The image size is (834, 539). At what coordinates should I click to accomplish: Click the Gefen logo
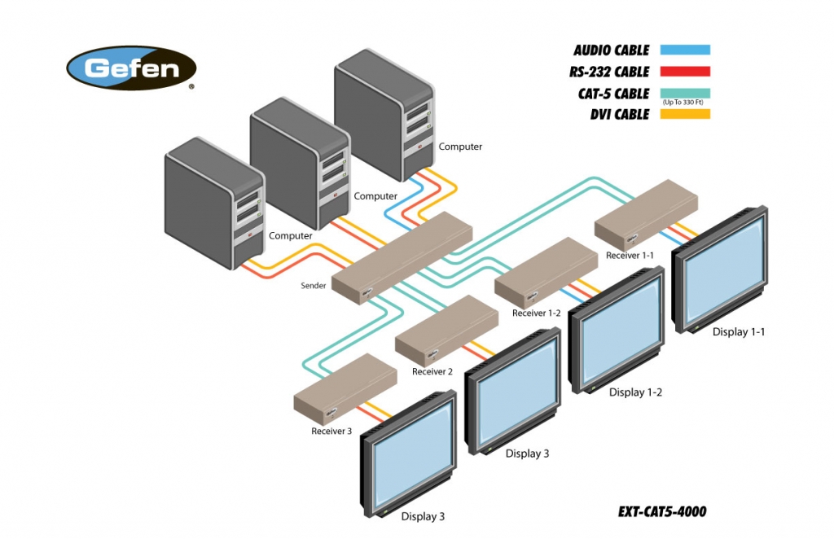click(x=132, y=68)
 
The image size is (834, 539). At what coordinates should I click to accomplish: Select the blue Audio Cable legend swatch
click(x=685, y=50)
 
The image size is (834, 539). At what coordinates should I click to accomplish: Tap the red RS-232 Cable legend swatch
click(x=685, y=72)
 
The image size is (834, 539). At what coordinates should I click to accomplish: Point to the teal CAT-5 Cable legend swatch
click(x=685, y=93)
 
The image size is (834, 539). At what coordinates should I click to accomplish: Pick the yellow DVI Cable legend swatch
click(x=685, y=114)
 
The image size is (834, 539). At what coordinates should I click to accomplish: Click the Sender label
click(x=314, y=286)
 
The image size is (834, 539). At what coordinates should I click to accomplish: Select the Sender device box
click(x=403, y=258)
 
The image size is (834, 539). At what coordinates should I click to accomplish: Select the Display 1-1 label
click(x=739, y=331)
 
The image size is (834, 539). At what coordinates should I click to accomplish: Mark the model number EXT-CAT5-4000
click(x=662, y=512)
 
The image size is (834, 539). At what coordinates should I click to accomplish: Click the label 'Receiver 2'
click(x=432, y=372)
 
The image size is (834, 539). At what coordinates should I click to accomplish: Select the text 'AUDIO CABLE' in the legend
click(x=611, y=50)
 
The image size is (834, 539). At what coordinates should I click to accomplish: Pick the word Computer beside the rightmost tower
click(x=460, y=147)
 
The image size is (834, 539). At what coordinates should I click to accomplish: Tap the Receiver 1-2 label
click(x=537, y=313)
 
